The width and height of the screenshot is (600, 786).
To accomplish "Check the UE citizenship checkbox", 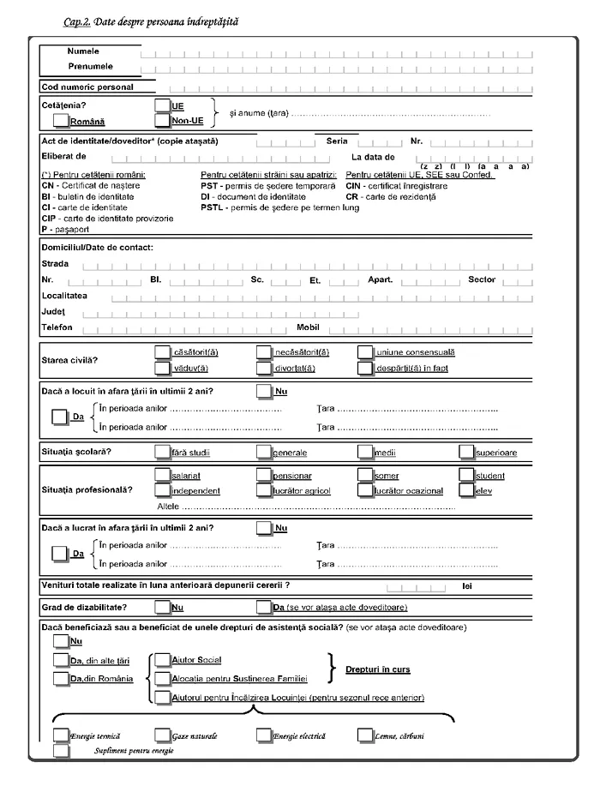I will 163,105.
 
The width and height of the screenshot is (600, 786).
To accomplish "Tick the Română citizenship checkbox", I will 61,119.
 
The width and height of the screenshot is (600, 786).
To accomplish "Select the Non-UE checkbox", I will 163,121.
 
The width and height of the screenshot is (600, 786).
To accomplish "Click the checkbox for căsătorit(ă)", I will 162,351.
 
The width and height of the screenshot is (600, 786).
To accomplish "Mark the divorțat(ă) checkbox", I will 264,368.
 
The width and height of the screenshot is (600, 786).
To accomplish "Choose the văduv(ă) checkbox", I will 162,368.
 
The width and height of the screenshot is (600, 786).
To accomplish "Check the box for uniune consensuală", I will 366,351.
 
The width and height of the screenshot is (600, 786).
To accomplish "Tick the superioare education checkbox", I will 466,451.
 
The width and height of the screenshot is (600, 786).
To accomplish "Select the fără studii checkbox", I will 162,451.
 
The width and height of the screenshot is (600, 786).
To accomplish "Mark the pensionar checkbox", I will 264,474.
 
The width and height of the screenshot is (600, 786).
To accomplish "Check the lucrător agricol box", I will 264,490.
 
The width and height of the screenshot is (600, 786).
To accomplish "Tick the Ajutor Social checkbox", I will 163,660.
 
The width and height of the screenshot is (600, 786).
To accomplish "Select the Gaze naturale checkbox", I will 162,735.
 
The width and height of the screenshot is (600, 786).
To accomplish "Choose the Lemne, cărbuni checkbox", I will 366,735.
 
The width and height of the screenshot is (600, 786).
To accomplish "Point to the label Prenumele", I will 90,66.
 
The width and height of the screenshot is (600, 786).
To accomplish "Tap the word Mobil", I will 308,327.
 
